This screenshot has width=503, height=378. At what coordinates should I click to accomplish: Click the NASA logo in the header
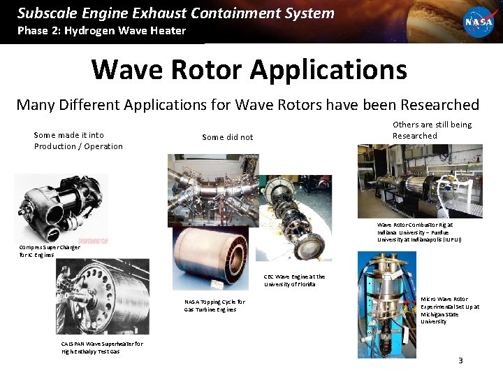(x=479, y=21)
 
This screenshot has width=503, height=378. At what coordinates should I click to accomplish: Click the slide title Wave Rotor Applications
(x=249, y=69)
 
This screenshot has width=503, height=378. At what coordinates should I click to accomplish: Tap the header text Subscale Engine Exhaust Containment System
(x=176, y=13)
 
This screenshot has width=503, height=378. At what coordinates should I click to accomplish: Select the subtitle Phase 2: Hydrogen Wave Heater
(x=101, y=30)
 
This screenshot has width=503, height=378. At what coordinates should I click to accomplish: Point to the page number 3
(x=460, y=360)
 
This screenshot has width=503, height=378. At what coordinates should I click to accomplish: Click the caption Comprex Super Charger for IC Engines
(x=50, y=251)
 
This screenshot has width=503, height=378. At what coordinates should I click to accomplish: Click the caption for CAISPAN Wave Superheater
(x=102, y=347)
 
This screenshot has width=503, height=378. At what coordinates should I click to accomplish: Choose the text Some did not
(x=227, y=137)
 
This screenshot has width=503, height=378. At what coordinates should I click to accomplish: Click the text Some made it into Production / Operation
(x=78, y=141)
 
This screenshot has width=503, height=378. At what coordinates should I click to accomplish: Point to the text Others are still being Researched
(x=432, y=130)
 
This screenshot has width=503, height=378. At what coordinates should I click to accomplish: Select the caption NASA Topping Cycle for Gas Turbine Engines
(x=214, y=305)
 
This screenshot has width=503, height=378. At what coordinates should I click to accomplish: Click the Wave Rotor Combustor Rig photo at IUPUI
(x=420, y=181)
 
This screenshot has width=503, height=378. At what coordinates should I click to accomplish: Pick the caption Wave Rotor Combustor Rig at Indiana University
(x=419, y=232)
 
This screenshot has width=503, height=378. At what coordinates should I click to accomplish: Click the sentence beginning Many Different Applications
(x=247, y=105)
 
